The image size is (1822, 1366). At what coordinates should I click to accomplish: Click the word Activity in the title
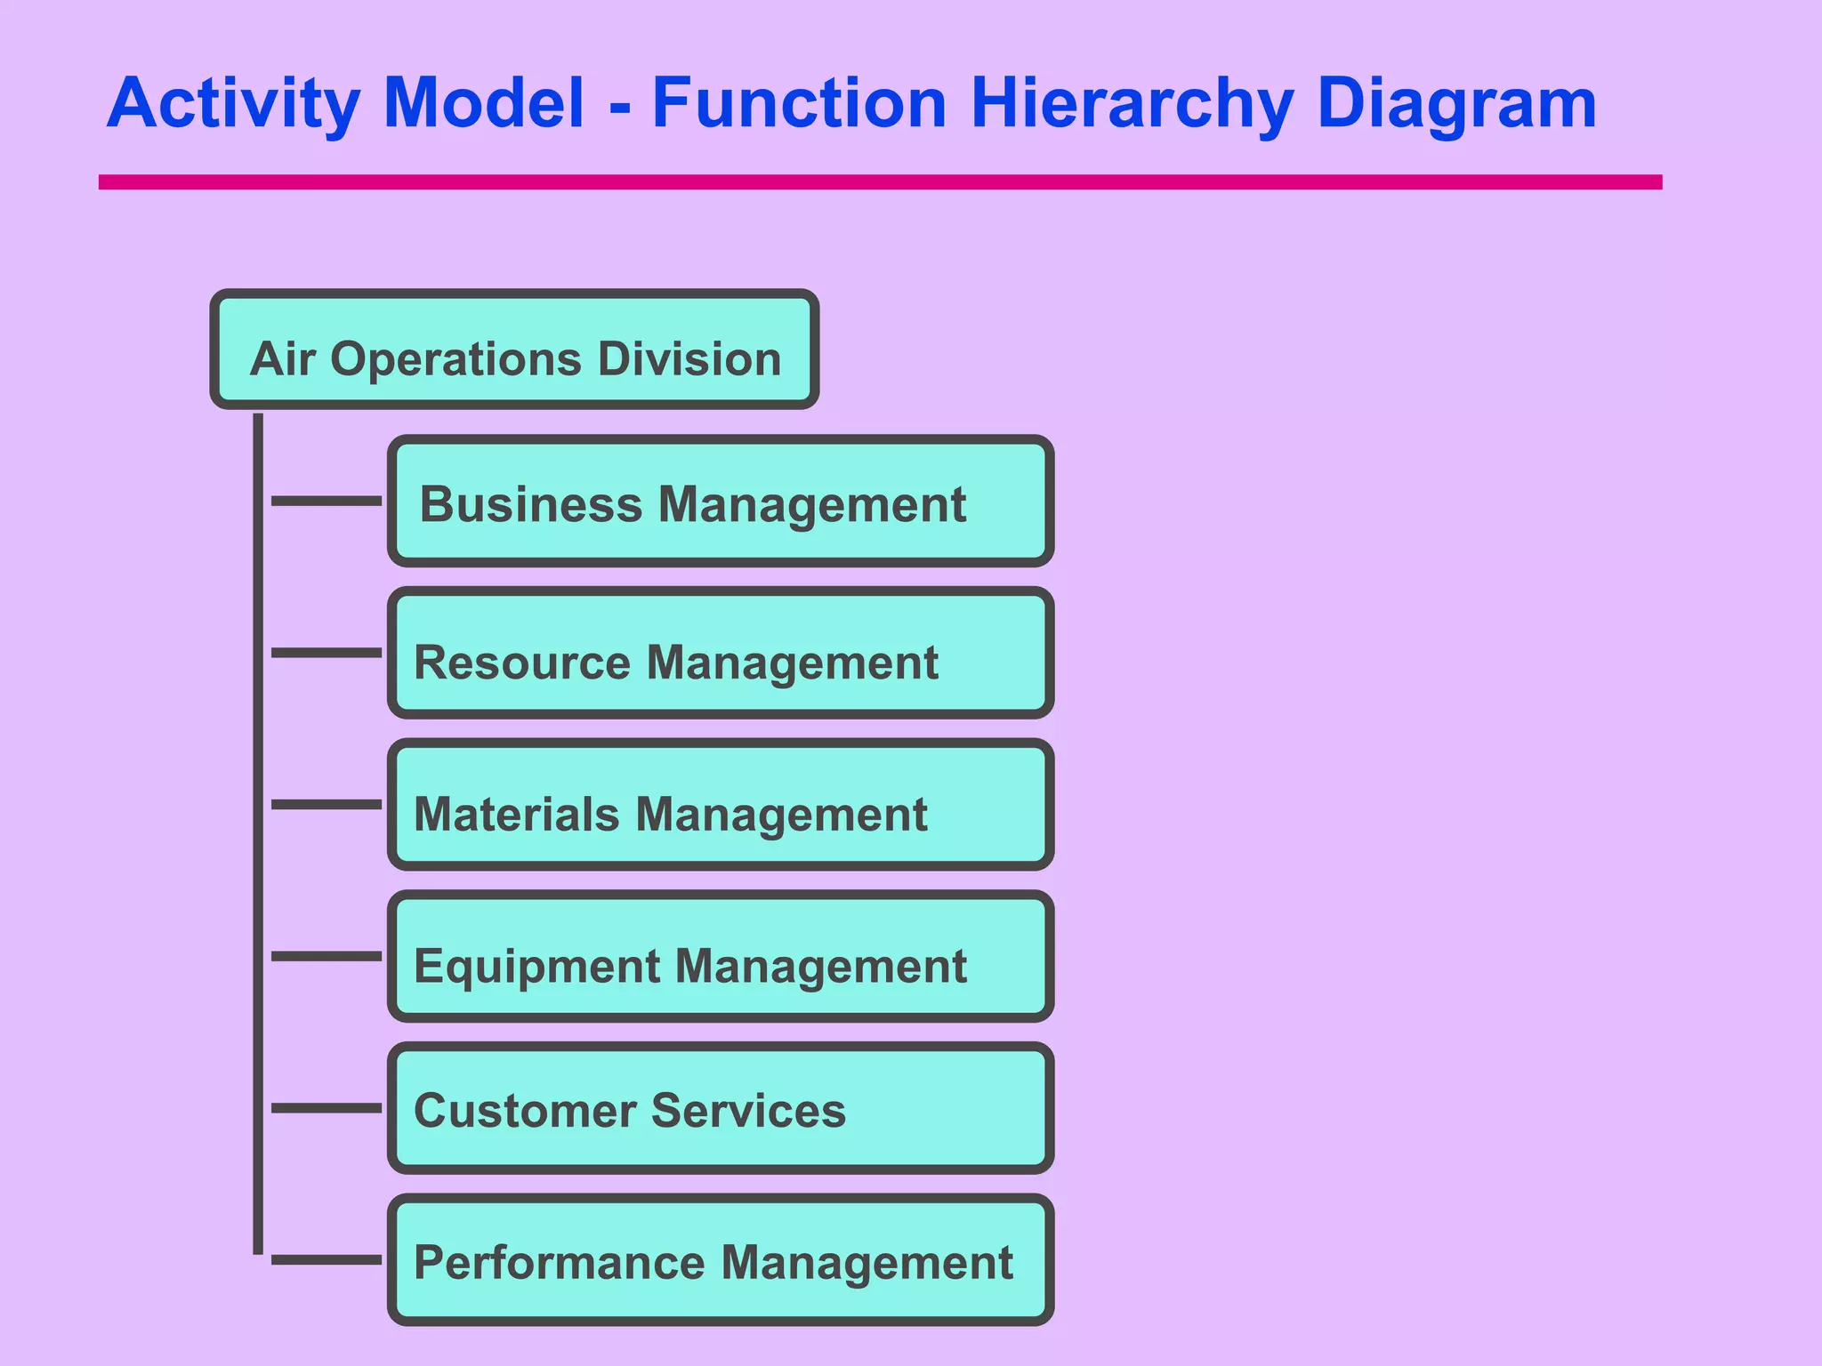click(x=233, y=103)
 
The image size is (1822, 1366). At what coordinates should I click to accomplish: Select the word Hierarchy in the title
click(x=1132, y=103)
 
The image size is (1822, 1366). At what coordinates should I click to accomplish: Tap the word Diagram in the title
click(x=1456, y=103)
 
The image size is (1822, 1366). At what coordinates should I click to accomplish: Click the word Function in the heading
click(x=799, y=103)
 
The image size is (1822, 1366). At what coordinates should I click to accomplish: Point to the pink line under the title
click(x=879, y=182)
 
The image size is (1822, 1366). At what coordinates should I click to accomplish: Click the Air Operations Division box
click(x=514, y=350)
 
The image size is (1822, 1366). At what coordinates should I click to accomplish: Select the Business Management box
click(x=721, y=502)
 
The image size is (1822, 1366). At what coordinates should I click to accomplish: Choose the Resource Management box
click(x=721, y=654)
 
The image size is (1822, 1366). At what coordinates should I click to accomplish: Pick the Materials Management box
click(x=721, y=805)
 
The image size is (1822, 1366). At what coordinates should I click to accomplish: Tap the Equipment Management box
click(x=721, y=957)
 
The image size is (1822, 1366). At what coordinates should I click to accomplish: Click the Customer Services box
click(x=721, y=1109)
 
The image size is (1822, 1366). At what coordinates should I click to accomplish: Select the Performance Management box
click(x=721, y=1260)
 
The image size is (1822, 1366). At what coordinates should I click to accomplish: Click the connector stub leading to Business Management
click(x=327, y=502)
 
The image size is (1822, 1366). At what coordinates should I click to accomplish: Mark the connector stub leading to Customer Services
click(x=327, y=1108)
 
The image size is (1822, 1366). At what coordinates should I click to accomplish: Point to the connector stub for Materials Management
click(x=327, y=805)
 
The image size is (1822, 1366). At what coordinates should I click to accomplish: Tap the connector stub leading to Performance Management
click(x=327, y=1260)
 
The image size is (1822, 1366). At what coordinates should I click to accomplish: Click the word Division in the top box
click(x=689, y=359)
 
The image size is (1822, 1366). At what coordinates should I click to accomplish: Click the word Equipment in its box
click(x=536, y=967)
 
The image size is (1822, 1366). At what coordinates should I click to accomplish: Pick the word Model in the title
click(x=483, y=103)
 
